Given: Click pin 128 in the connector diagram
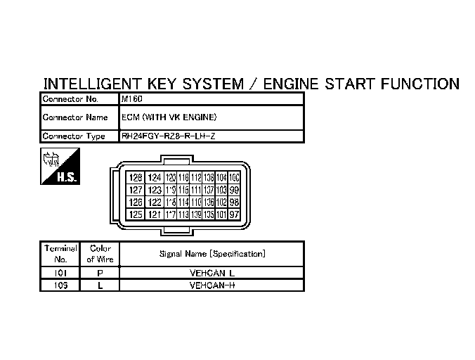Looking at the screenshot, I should [x=136, y=178].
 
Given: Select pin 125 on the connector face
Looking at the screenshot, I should [x=136, y=214].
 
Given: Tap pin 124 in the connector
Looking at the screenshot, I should [x=155, y=178].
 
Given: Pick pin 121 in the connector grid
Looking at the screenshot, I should [x=155, y=214].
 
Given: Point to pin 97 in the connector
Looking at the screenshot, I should [x=235, y=214].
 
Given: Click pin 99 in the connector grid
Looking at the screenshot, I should [x=235, y=190].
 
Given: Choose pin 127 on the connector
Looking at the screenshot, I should [x=136, y=190].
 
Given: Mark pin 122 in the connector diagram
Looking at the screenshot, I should [x=155, y=202].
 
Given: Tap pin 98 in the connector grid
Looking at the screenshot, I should [x=235, y=202].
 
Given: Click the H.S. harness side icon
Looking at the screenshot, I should [x=60, y=167].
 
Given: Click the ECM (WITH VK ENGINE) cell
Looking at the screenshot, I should [x=169, y=117].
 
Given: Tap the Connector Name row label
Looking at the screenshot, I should [x=75, y=117].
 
